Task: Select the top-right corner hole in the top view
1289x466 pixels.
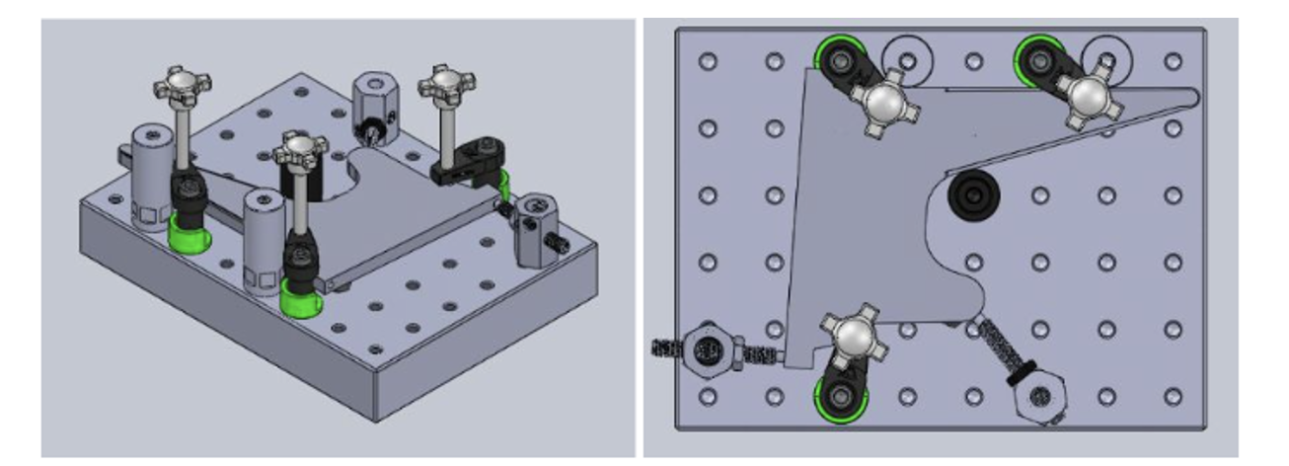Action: coord(1173,61)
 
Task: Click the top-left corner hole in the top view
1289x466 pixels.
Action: coord(707,61)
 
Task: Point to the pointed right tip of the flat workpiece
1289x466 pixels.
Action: coord(1193,96)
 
